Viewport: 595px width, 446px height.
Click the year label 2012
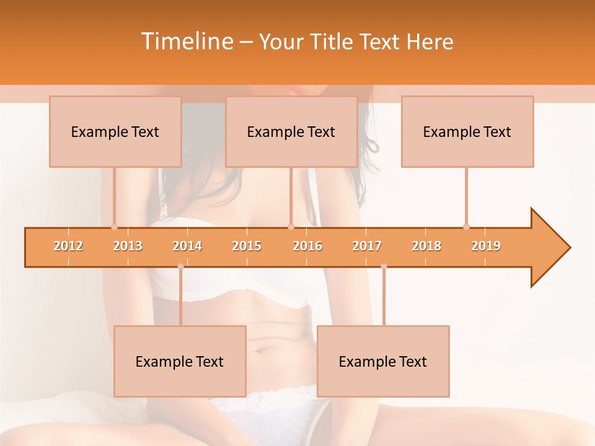tap(68, 246)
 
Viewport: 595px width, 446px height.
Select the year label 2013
tap(128, 246)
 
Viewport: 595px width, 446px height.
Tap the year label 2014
tap(187, 246)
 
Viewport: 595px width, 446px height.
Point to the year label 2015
tap(247, 246)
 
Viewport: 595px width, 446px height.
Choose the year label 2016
tap(307, 246)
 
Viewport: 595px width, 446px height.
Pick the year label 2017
tap(367, 246)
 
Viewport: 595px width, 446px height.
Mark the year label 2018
tap(426, 246)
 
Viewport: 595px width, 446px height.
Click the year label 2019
tap(486, 246)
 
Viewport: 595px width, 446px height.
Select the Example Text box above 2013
tap(115, 132)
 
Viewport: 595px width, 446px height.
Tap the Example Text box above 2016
tap(291, 132)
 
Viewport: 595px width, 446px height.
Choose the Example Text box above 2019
tap(467, 132)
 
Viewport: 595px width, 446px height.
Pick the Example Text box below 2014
tap(180, 362)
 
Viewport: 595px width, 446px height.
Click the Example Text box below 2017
tap(383, 362)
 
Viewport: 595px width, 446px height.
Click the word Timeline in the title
tap(186, 42)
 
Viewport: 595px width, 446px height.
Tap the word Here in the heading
tap(430, 42)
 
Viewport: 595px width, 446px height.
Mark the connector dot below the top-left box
tap(114, 227)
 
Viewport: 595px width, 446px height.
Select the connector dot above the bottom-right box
tap(384, 266)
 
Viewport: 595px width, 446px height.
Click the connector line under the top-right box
tap(467, 195)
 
